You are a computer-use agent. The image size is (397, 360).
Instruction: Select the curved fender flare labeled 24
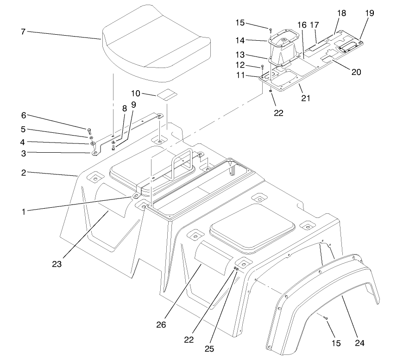(324, 296)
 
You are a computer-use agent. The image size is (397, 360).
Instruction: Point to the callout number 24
(360, 343)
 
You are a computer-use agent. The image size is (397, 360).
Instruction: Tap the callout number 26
(161, 324)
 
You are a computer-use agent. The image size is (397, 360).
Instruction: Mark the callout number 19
(369, 13)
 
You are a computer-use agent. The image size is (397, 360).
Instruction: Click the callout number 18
(341, 13)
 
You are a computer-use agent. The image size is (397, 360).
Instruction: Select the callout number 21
(305, 98)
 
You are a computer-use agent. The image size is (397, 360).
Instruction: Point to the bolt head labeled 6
(89, 130)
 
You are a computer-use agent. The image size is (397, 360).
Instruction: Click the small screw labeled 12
(262, 67)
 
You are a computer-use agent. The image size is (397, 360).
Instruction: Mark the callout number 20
(356, 72)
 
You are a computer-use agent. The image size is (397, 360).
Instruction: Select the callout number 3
(23, 153)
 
